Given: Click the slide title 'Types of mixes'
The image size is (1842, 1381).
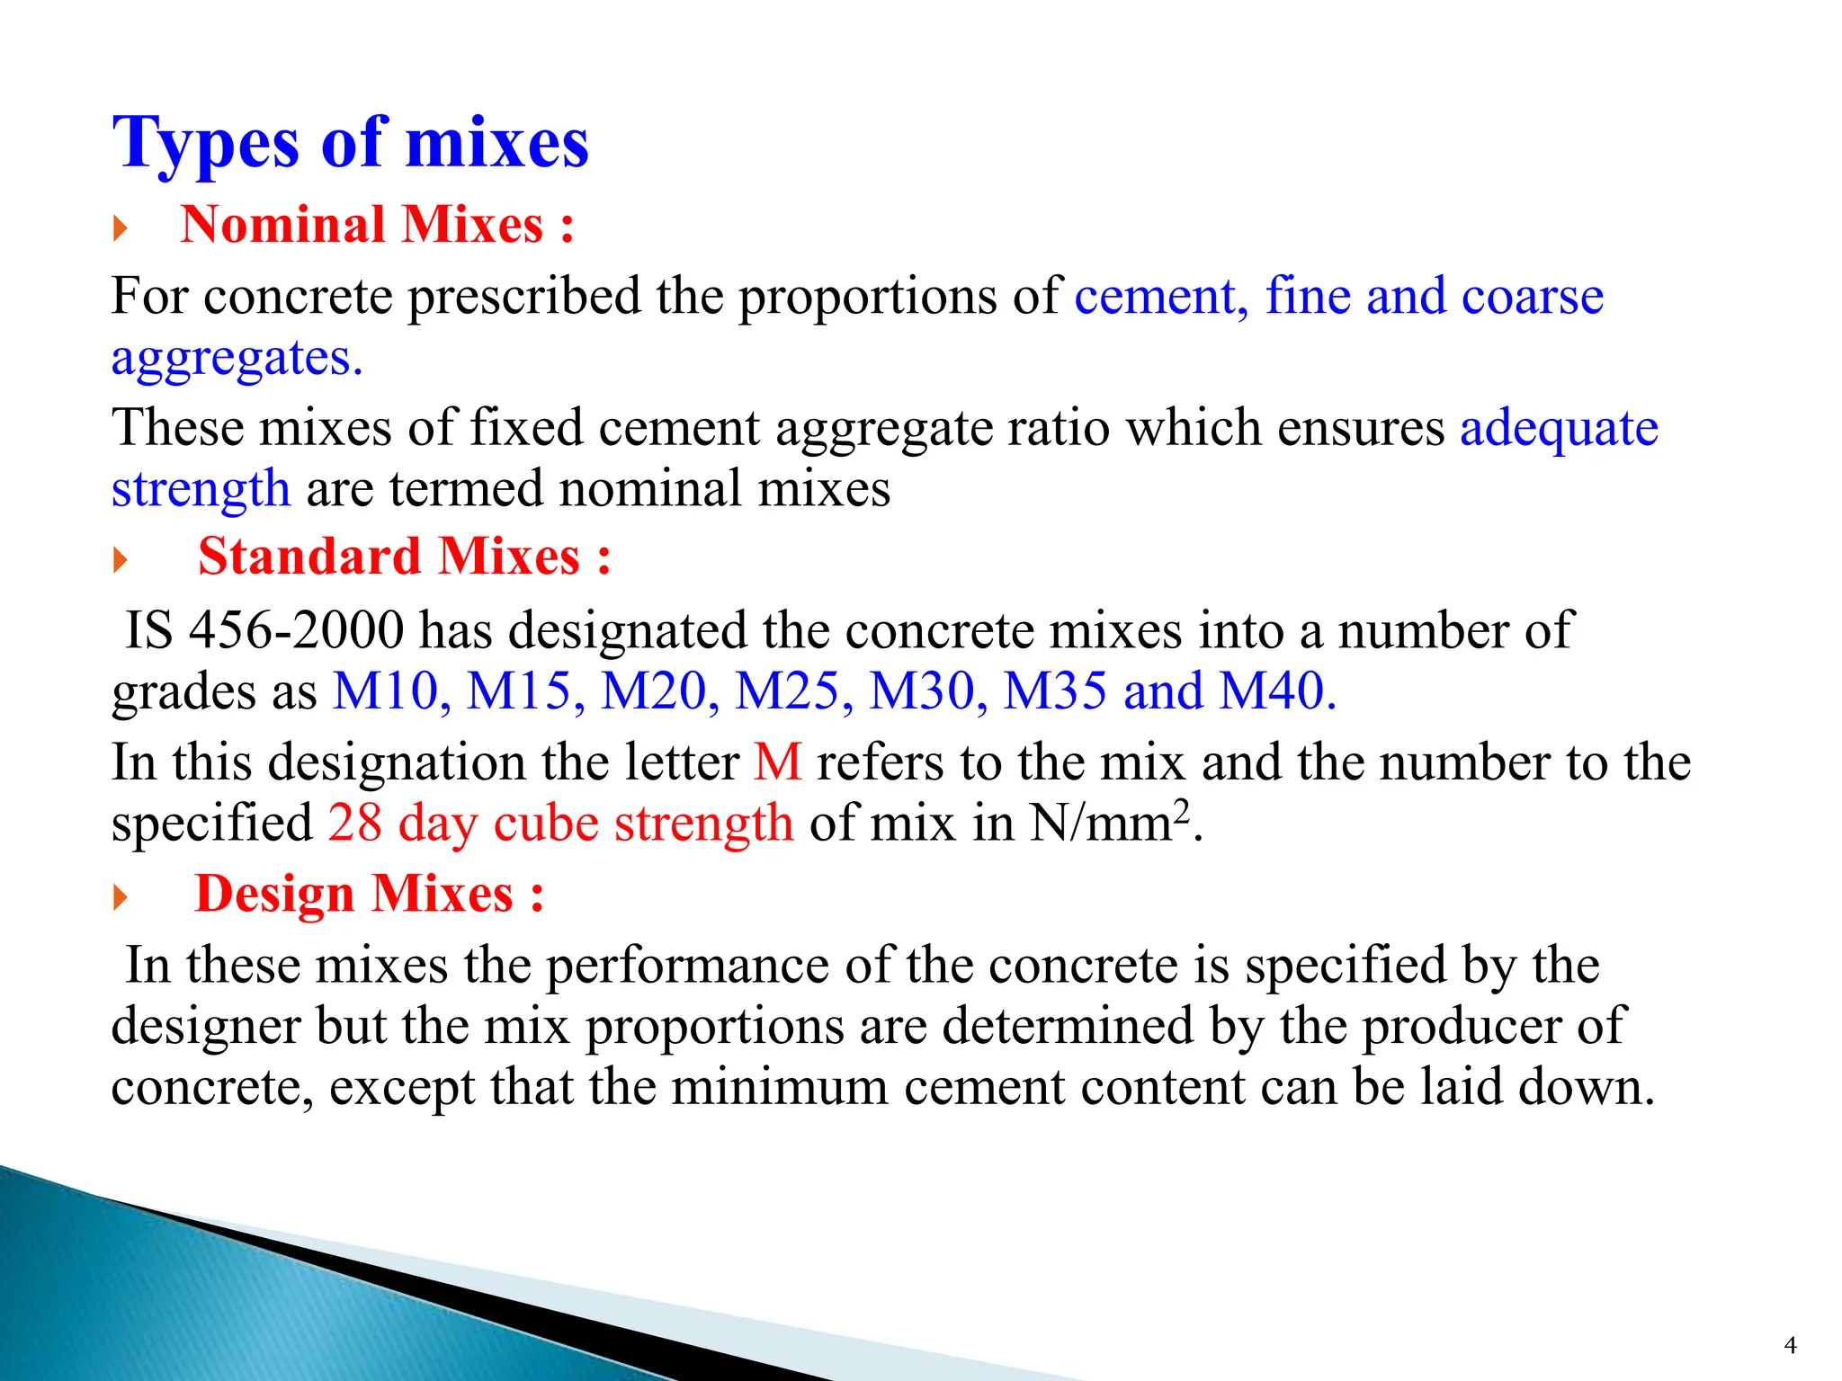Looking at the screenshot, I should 350,144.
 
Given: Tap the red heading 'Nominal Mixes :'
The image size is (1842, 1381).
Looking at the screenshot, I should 377,225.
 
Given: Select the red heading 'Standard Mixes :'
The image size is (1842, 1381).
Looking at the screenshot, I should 404,557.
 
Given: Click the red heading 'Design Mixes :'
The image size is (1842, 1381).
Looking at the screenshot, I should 370,895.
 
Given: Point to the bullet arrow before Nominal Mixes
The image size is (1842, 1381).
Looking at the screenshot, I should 121,228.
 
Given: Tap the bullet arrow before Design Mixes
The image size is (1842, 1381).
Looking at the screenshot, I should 121,897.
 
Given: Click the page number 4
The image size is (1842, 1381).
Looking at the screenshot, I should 1790,1345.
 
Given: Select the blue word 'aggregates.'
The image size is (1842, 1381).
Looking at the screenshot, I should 237,359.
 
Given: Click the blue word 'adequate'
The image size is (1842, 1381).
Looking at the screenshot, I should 1559,428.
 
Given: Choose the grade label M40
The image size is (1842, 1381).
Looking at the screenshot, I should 1277,692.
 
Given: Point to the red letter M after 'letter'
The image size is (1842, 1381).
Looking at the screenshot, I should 777,763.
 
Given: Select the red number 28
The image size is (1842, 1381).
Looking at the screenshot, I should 355,824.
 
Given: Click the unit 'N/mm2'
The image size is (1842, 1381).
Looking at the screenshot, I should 1110,822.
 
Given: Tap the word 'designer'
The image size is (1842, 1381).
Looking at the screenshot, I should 205,1027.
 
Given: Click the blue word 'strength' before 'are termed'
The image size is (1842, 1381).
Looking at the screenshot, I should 201,490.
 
